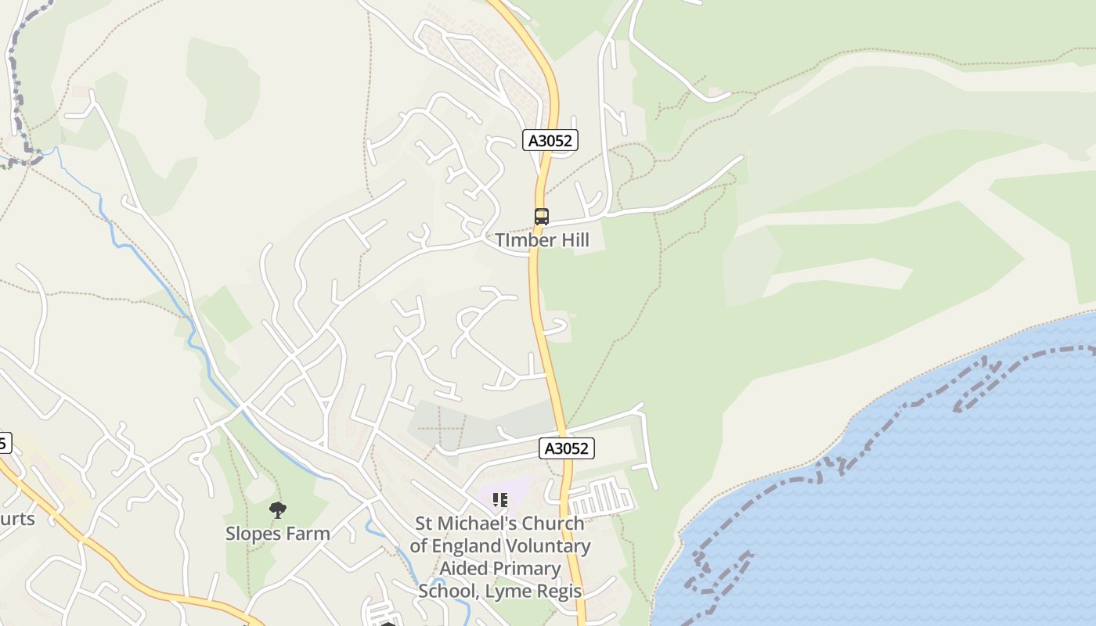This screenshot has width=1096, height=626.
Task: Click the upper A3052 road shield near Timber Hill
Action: (550, 141)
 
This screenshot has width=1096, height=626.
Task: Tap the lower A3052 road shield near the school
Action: (568, 448)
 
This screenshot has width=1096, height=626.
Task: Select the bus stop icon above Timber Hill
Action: (542, 217)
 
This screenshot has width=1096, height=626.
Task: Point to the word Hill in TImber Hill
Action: (573, 240)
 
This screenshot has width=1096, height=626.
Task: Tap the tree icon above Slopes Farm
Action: (277, 511)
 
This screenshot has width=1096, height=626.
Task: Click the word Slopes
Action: (253, 534)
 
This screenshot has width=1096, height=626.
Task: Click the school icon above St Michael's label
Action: (500, 499)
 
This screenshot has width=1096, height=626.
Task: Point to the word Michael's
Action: (475, 523)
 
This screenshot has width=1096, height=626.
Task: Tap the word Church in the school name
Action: (553, 523)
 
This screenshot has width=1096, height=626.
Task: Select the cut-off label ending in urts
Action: (17, 519)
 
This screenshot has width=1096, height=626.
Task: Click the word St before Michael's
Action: (424, 523)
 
